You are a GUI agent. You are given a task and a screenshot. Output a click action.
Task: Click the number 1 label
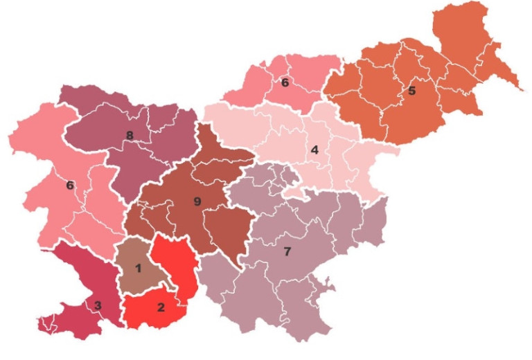click(x=139, y=268)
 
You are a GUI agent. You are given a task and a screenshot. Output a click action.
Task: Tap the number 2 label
click(x=161, y=307)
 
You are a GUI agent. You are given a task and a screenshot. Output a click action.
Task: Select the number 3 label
click(x=98, y=305)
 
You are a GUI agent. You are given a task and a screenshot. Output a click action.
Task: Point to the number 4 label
click(x=314, y=150)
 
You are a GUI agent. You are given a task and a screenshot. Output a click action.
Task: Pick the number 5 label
click(x=411, y=91)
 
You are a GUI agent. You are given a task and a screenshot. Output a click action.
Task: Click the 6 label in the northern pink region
click(x=285, y=82)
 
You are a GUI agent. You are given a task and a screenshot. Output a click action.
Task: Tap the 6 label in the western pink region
click(x=69, y=185)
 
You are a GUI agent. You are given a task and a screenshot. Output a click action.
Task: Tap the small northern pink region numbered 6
click(x=305, y=73)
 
